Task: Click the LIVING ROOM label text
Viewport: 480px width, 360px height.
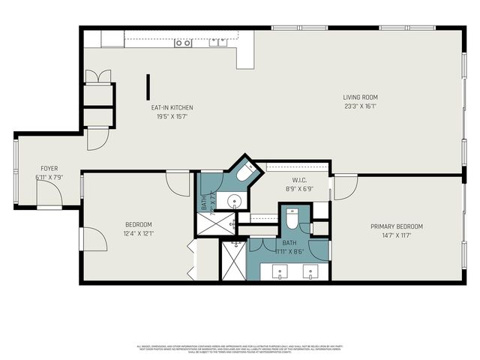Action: (x=360, y=97)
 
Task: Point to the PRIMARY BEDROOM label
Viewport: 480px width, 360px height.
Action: (x=397, y=226)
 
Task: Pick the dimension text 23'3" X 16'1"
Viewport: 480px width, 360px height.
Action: (x=360, y=106)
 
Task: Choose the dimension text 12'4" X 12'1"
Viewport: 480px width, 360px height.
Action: (x=138, y=233)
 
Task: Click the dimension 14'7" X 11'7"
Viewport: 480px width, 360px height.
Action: (x=396, y=235)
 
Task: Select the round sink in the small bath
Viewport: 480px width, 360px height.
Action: (x=235, y=200)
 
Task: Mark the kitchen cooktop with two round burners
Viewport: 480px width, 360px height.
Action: (x=183, y=43)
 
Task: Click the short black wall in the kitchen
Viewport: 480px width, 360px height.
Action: (x=148, y=86)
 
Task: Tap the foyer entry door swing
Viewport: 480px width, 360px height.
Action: (x=49, y=196)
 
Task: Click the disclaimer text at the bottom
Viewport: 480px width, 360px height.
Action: (x=240, y=347)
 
